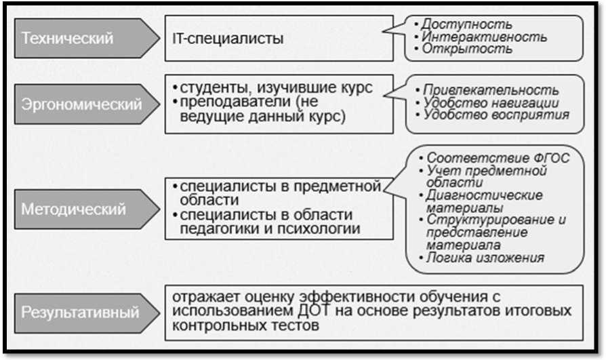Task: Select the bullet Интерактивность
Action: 484,37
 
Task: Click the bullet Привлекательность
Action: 491,90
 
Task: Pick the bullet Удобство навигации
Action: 491,103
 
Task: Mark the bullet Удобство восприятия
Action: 495,115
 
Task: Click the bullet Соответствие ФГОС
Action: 498,159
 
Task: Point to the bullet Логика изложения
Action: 485,258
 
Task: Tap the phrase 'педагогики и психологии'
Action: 270,229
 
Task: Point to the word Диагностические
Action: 485,195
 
